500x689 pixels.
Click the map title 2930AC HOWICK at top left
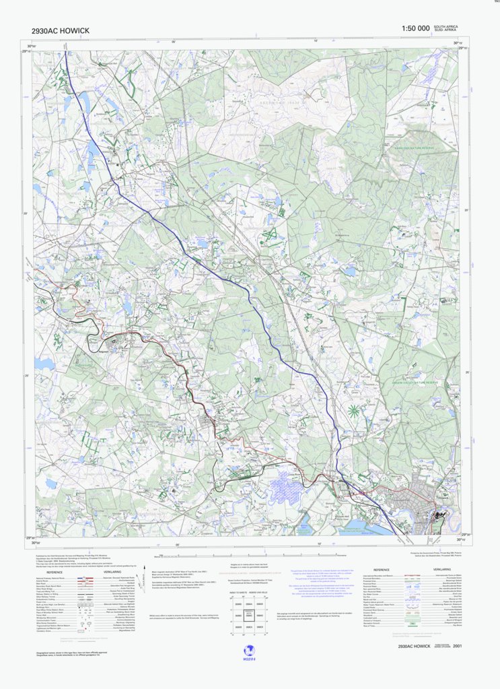pyautogui.click(x=60, y=31)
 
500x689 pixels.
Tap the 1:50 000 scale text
pyautogui.click(x=415, y=28)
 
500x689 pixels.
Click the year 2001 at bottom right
pyautogui.click(x=458, y=646)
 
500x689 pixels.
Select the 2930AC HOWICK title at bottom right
pyautogui.click(x=414, y=646)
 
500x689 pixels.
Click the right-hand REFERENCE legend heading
pyautogui.click(x=382, y=569)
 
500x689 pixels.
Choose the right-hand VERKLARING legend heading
pyautogui.click(x=442, y=569)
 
